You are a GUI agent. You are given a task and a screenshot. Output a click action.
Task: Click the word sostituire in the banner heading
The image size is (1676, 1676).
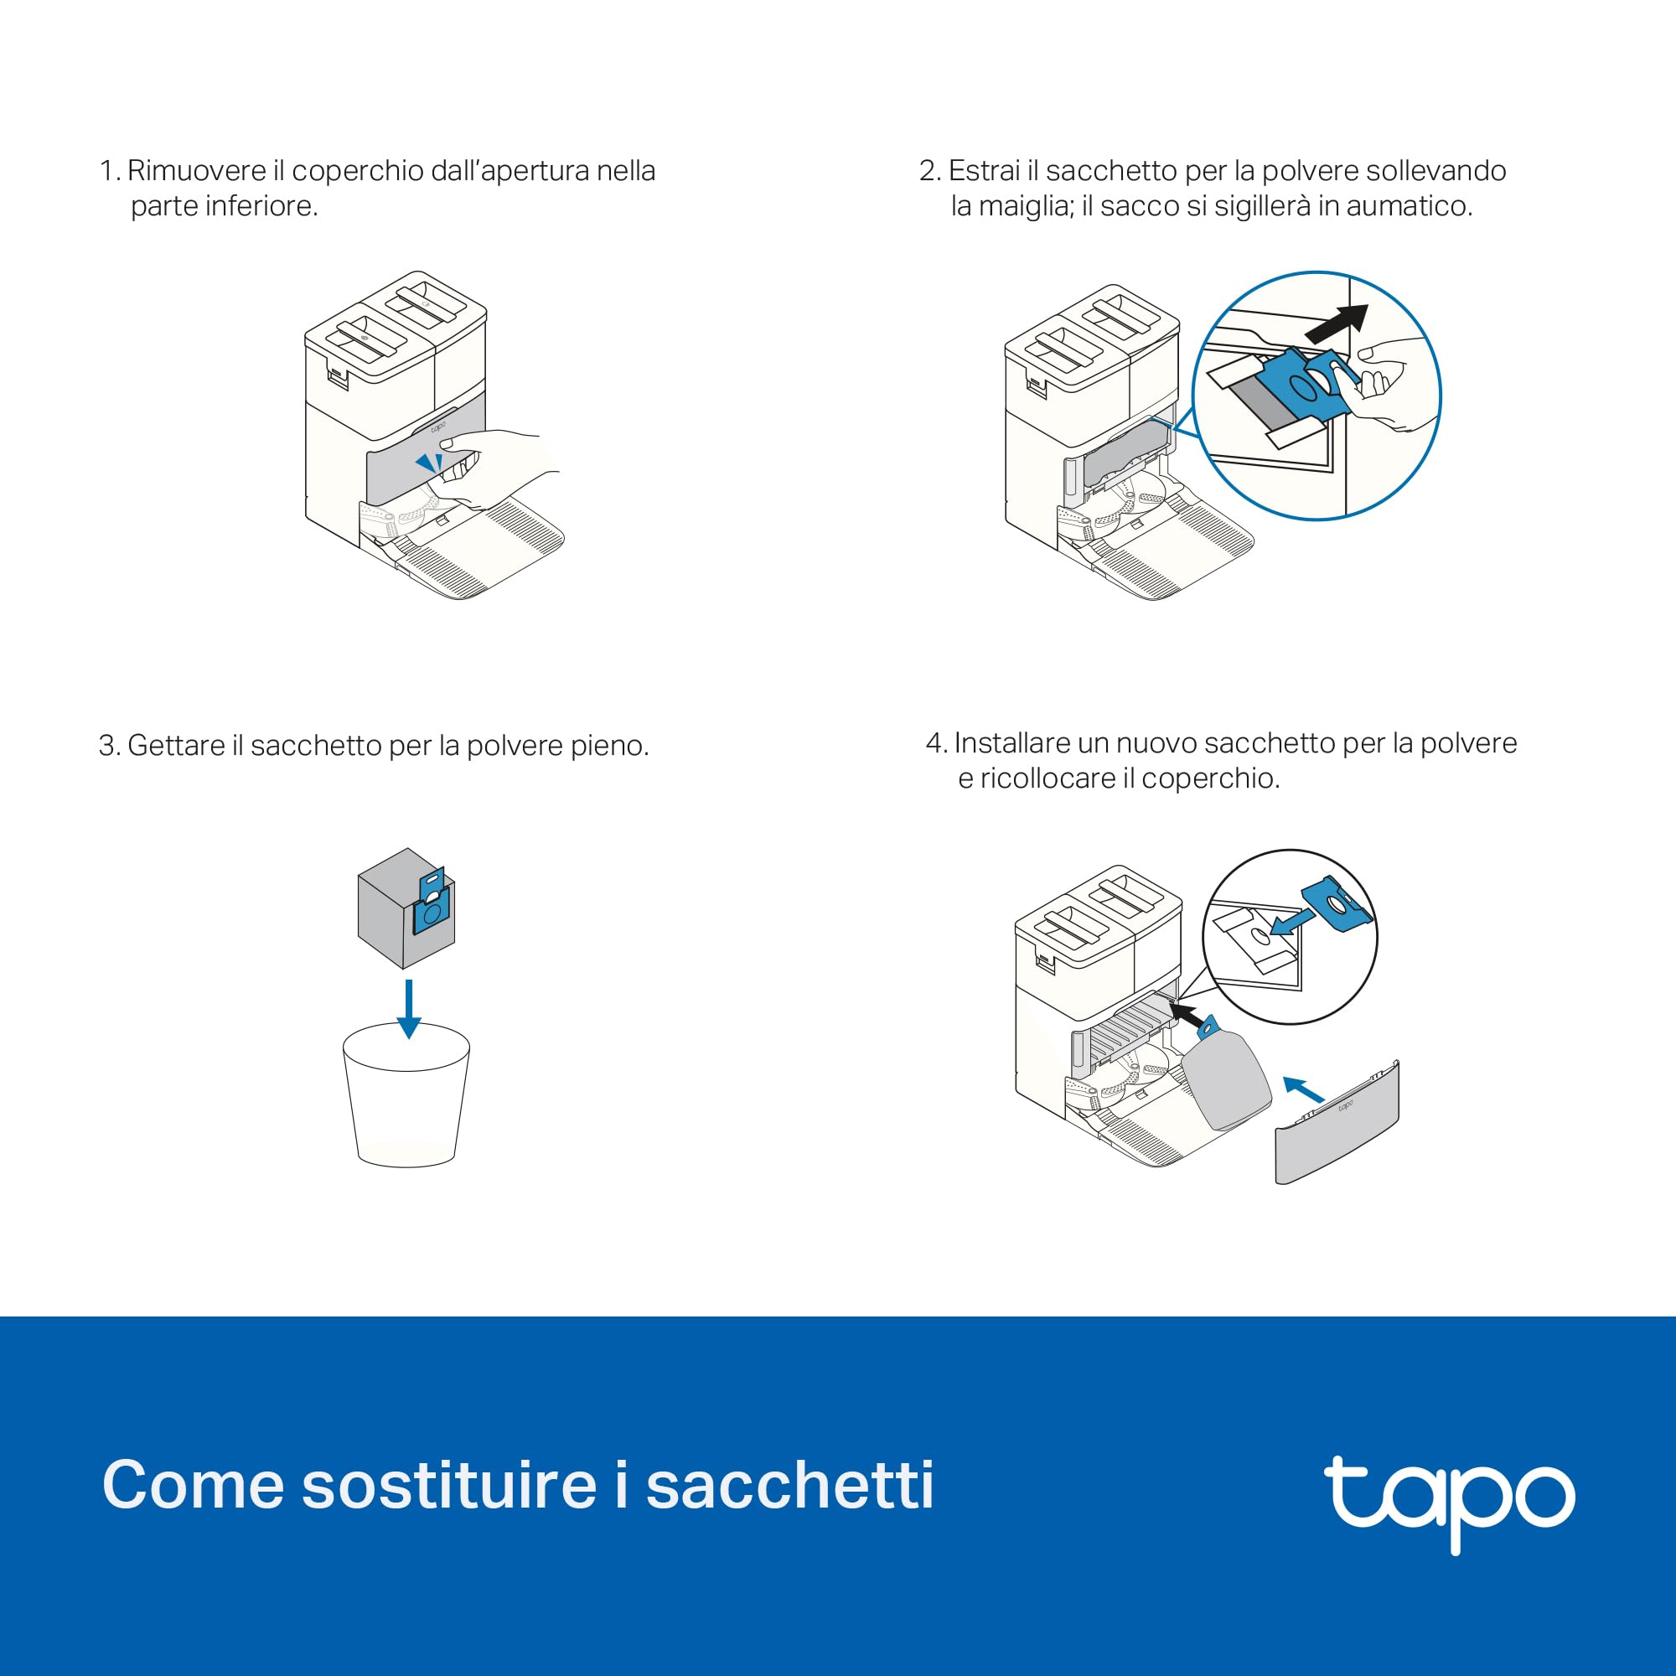point(448,1485)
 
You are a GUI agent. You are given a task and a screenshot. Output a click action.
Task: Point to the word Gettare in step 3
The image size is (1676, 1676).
point(176,745)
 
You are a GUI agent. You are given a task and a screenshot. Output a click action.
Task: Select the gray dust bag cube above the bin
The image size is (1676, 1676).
point(406,908)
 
